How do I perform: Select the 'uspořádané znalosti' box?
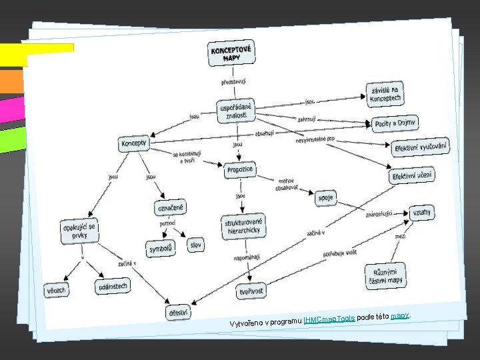(236, 111)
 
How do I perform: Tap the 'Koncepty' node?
(135, 143)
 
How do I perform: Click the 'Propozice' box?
(239, 171)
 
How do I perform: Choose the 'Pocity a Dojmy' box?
(395, 123)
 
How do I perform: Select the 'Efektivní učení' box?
(412, 175)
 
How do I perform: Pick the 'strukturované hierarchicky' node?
(244, 226)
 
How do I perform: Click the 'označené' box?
(171, 208)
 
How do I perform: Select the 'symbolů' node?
(161, 249)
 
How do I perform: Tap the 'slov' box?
(195, 245)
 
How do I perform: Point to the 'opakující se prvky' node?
(79, 231)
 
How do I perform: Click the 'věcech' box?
(57, 290)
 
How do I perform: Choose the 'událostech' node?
(111, 287)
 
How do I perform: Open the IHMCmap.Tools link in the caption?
(329, 319)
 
